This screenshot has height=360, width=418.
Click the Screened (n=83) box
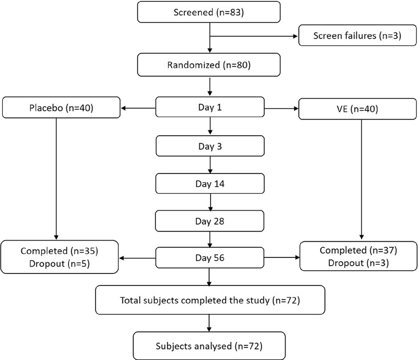pyautogui.click(x=210, y=12)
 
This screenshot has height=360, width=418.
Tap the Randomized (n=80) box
pyautogui.click(x=210, y=65)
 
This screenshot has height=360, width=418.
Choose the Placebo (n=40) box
pyautogui.click(x=61, y=109)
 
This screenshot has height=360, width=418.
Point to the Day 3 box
pyautogui.click(x=210, y=146)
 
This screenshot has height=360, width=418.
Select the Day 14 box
pyautogui.click(x=210, y=184)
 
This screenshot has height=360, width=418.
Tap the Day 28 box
pyautogui.click(x=210, y=221)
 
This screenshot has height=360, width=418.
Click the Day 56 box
pyautogui.click(x=210, y=258)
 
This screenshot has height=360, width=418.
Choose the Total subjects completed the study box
pyautogui.click(x=210, y=300)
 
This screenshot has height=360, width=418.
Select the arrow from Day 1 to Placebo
pyautogui.click(x=138, y=109)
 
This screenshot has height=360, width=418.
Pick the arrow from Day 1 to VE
pyautogui.click(x=281, y=109)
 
